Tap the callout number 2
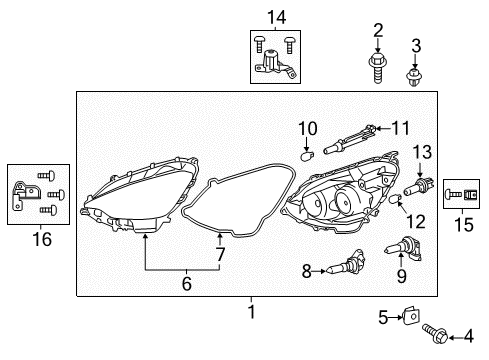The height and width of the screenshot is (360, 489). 378,29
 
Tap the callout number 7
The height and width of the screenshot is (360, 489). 221,255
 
